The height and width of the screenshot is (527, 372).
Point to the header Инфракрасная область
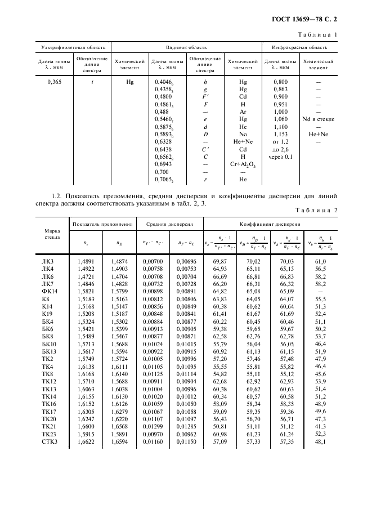[x=301, y=47]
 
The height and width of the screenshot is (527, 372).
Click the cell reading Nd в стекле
[x=318, y=119]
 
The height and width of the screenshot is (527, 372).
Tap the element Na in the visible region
[x=243, y=134]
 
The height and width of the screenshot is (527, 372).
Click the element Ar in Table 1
[x=243, y=111]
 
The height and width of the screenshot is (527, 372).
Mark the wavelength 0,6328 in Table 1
[x=163, y=141]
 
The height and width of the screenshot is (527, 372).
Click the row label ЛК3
[x=48, y=261]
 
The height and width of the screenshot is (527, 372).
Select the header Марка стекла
[x=47, y=234]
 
